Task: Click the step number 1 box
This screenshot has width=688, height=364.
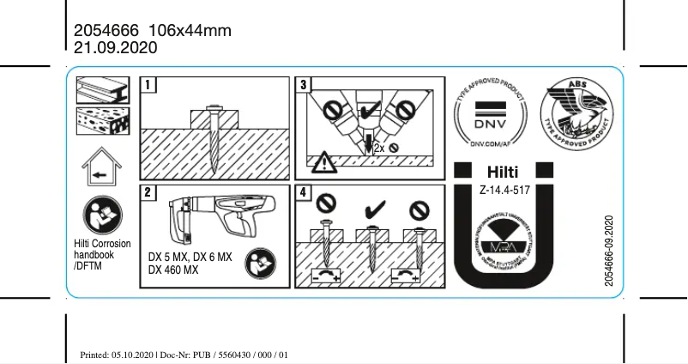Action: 149,84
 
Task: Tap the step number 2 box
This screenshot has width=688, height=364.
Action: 149,192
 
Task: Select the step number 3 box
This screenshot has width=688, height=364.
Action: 304,84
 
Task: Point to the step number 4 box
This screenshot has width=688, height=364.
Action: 304,192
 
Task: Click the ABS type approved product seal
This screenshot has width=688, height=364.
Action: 577,115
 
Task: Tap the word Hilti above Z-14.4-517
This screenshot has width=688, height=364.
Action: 503,173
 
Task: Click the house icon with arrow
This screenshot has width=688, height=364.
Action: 100,168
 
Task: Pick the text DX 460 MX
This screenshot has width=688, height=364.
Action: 173,270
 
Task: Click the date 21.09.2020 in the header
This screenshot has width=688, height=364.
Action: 116,49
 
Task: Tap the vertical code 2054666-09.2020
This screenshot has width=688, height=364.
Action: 609,253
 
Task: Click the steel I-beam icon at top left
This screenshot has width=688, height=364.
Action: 101,90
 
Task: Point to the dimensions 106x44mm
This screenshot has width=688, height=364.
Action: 196,31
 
